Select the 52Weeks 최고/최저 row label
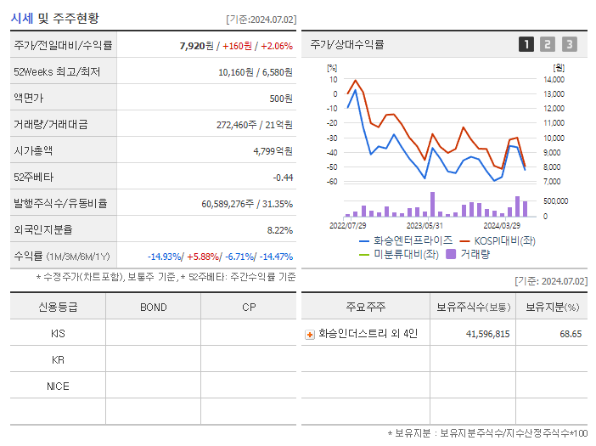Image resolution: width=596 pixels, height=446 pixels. [57, 71]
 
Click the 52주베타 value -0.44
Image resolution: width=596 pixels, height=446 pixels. [282, 177]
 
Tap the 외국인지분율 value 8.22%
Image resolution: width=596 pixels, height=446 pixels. [279, 229]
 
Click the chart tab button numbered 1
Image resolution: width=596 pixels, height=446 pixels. [526, 44]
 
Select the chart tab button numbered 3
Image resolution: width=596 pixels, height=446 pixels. [569, 44]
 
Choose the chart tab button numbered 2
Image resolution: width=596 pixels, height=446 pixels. [548, 44]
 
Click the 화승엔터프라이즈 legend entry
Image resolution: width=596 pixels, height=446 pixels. [407, 240]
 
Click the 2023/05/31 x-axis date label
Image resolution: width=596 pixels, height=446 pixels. [425, 225]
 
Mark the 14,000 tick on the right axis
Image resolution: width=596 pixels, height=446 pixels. [554, 79]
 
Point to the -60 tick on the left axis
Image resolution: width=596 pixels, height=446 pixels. [332, 181]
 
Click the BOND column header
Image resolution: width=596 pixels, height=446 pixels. [153, 307]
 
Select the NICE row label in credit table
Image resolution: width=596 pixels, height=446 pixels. [58, 386]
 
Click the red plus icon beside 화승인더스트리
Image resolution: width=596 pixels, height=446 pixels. [310, 334]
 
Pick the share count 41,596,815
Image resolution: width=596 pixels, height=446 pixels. [487, 334]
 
